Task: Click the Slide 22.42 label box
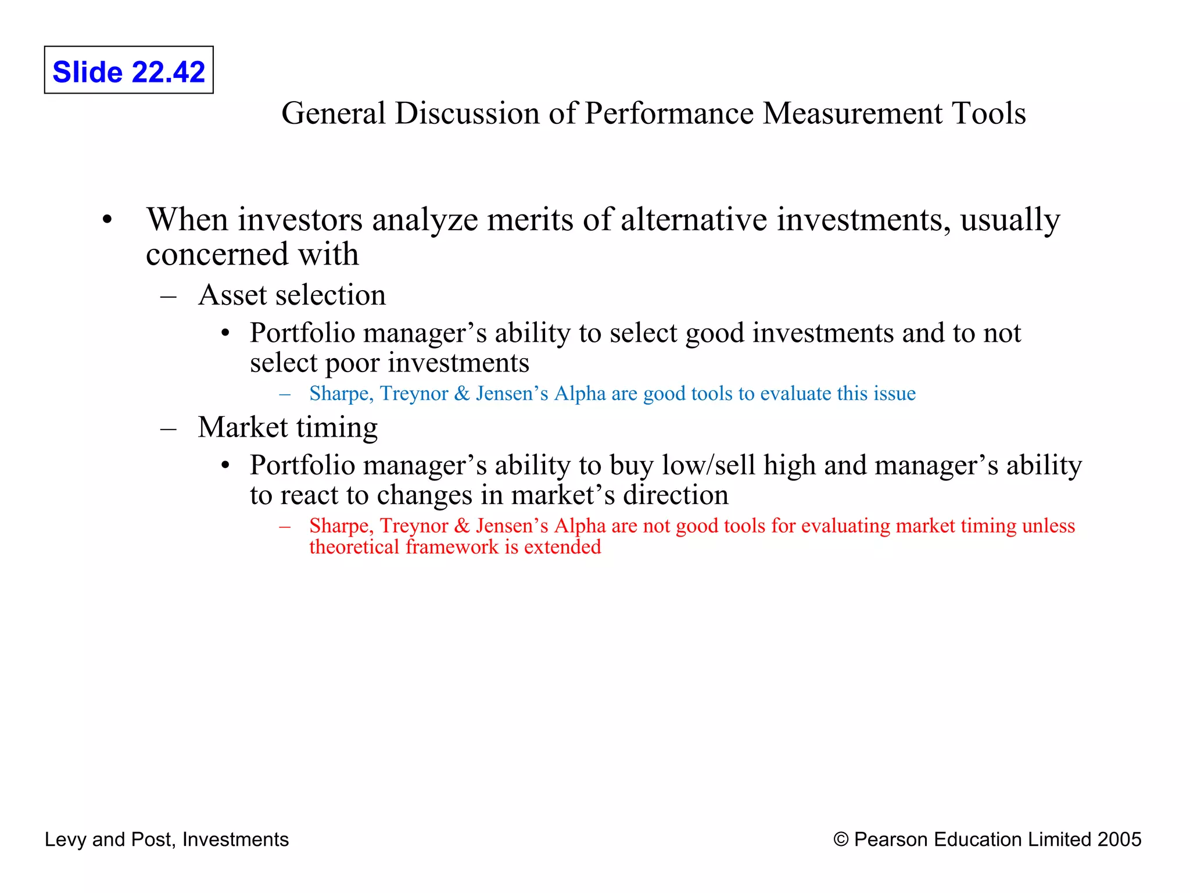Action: click(x=128, y=70)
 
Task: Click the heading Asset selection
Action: click(x=292, y=295)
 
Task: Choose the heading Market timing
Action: click(x=288, y=427)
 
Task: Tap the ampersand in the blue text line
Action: click(x=462, y=394)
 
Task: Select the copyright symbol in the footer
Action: click(x=841, y=840)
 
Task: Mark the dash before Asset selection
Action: click(x=169, y=296)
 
